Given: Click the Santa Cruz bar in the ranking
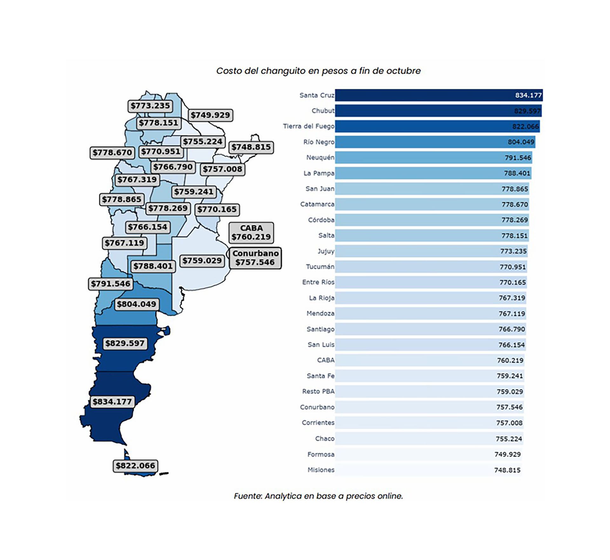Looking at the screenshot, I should [438, 95].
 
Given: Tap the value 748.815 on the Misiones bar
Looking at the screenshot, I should [507, 470].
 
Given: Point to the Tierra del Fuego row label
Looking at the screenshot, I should [308, 126].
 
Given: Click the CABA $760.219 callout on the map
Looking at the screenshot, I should [251, 233].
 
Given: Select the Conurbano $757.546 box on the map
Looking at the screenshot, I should [255, 258].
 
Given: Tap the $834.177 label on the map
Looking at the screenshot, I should [112, 402].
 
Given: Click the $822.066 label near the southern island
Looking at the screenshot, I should [135, 466].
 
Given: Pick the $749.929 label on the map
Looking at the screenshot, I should [210, 115].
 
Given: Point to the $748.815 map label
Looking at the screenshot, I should [251, 147].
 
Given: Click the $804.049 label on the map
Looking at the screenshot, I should [137, 304].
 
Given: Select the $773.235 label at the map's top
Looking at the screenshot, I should [150, 106].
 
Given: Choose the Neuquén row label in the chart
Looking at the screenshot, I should [320, 158].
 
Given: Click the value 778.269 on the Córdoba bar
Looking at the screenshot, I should [514, 220].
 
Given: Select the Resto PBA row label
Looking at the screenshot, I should [318, 391].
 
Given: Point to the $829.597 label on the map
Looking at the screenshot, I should [125, 343].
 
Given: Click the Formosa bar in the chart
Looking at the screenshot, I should [429, 454].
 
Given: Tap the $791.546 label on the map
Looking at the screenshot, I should [111, 284].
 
